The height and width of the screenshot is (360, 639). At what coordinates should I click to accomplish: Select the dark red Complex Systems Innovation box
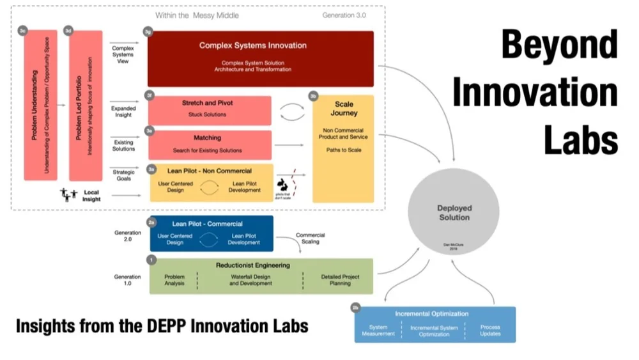point(261,58)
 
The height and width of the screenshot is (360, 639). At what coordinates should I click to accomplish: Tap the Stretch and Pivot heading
point(207,102)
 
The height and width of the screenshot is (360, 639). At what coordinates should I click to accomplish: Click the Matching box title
point(207,137)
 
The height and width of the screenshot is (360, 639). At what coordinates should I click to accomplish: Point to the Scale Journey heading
point(344,109)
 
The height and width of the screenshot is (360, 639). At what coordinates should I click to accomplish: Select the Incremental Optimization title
point(432,313)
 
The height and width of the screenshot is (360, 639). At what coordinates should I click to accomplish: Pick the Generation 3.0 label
point(344,15)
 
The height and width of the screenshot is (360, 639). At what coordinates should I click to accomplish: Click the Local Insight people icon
point(68,193)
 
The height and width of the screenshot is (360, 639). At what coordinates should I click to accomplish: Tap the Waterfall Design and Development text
point(251,280)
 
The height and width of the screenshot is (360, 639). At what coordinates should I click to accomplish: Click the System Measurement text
point(378,331)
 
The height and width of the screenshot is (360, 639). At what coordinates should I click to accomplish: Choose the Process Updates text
point(490,331)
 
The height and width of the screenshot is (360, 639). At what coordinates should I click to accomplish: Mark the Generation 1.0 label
point(128,280)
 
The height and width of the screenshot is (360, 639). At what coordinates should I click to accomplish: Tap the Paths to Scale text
point(344,150)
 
